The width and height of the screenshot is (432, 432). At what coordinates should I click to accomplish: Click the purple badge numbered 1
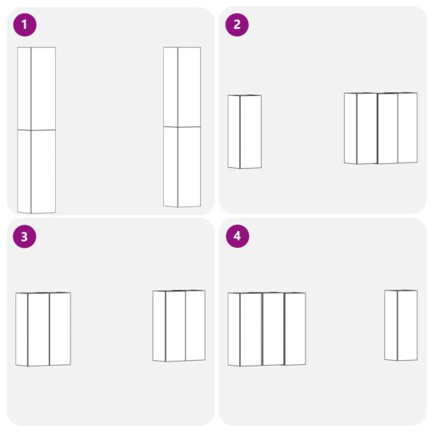25,25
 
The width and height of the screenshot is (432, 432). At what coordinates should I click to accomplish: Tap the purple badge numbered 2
237,25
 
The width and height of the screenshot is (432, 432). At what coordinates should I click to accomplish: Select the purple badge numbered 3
25,236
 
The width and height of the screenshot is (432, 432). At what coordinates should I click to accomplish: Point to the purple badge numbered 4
237,236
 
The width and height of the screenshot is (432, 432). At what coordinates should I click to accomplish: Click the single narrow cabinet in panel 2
245,132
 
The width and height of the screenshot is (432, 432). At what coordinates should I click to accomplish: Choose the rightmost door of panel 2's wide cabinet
407,128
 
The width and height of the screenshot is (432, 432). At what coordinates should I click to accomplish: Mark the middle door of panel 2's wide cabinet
387,129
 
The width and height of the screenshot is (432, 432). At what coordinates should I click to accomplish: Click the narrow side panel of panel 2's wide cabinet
350,128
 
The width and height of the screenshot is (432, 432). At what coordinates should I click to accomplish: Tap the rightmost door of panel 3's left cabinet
60,329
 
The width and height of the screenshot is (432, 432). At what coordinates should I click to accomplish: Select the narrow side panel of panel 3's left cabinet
22,329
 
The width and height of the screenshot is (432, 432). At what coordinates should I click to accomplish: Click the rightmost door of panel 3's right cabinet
195,325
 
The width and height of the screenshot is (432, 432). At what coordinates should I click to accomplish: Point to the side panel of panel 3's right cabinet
159,325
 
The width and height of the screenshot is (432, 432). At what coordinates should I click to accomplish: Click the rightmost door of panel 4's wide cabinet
294,329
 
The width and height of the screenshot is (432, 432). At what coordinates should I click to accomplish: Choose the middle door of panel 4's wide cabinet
273,329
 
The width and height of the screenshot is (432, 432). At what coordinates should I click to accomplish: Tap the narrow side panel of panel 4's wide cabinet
234,329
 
